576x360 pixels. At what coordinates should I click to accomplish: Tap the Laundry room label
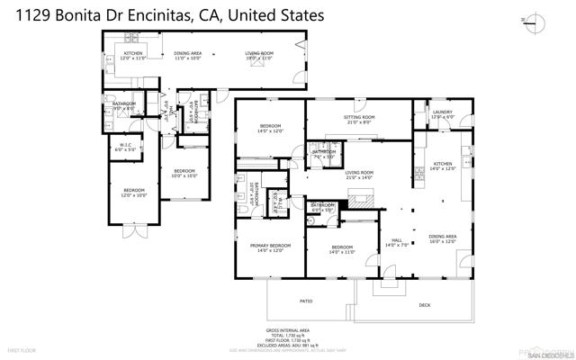coord(441,113)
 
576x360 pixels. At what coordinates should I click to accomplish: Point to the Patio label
coord(306,301)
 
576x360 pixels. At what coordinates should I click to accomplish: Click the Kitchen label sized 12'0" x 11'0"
coord(132,54)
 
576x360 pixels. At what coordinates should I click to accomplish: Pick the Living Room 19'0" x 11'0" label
coord(259,54)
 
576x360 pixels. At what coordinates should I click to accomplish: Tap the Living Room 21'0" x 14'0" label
coord(359,173)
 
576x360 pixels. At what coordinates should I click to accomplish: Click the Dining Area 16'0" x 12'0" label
coord(442,238)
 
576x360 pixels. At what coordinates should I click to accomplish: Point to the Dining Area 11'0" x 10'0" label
coord(187,54)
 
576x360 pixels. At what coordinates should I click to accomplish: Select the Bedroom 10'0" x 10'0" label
coord(185,172)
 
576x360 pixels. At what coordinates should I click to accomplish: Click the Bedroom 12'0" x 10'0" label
coord(133,192)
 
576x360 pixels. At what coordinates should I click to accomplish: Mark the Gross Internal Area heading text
coord(288,330)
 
